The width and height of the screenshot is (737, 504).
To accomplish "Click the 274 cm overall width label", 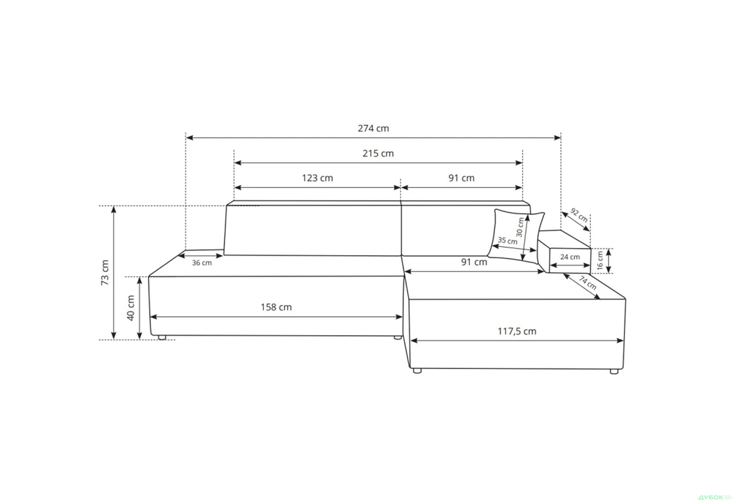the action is [373, 128].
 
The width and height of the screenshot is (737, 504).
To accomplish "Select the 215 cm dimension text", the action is [378, 153].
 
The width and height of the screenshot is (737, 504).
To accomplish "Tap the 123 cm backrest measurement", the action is [317, 178].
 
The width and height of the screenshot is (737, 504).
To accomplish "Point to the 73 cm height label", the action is [105, 272].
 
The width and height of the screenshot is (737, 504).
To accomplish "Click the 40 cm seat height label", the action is [131, 308].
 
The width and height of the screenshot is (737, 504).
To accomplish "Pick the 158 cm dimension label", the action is [276, 307].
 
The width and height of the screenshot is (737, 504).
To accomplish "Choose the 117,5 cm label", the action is [517, 331].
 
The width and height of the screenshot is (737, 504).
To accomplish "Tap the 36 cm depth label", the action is [202, 263].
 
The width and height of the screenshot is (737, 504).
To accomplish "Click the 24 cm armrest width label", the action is [570, 257].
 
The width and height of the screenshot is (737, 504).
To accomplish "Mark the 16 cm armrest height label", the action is [600, 261].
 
